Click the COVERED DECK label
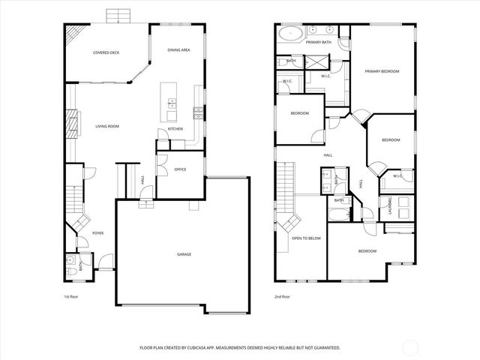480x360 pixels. [106, 52]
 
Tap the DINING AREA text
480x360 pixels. [178, 49]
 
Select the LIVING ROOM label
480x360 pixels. [106, 126]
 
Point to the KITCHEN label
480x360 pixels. [175, 129]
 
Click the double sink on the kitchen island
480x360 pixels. [172, 102]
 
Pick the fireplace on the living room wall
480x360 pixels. [73, 123]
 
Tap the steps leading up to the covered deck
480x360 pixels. [116, 16]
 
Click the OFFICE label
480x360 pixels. [180, 169]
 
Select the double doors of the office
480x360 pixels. [161, 163]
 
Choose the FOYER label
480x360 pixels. [97, 233]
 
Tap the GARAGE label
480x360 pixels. [184, 254]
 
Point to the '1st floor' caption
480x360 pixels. [71, 296]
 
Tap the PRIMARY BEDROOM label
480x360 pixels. [382, 71]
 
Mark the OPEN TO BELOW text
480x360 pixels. [306, 238]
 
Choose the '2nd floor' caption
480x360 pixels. [282, 296]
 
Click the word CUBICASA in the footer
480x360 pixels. [226, 348]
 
